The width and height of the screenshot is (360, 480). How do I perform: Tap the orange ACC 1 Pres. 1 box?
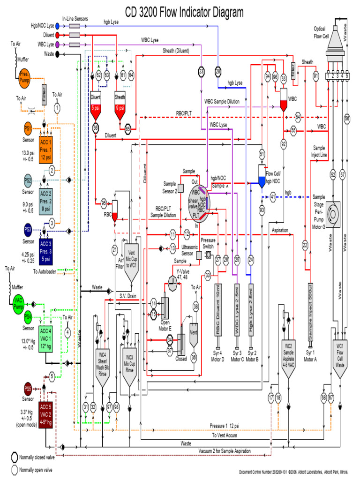point(46,149)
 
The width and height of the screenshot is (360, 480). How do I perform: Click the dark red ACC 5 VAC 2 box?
point(46,412)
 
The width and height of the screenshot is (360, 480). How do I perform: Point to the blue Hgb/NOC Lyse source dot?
point(58,26)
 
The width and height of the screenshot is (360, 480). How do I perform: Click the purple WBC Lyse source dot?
point(58,45)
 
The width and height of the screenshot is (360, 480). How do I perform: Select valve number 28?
point(218,71)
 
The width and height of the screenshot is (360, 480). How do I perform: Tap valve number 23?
point(202,71)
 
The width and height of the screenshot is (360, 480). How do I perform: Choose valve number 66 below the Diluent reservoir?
point(96,127)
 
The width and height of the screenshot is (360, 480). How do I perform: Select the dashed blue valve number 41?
point(273,197)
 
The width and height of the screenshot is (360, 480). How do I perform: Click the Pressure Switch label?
point(208,243)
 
